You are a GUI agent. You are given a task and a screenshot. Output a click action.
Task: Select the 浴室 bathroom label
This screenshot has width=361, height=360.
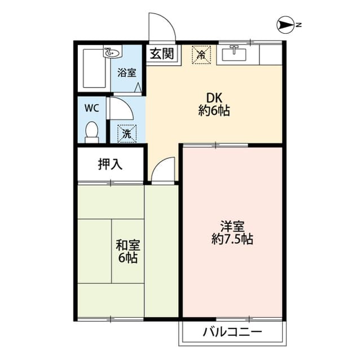(126, 73)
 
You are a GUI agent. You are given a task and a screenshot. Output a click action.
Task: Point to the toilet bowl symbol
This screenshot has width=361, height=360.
(91, 132)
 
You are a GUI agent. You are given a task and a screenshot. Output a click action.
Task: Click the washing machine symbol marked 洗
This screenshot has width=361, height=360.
(126, 134)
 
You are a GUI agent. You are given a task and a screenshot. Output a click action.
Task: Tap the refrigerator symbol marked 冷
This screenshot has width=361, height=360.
(201, 55)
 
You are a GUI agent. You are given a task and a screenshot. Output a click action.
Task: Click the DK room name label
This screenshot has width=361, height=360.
(214, 97)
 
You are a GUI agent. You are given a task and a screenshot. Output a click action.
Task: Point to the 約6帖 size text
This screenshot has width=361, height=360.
(214, 110)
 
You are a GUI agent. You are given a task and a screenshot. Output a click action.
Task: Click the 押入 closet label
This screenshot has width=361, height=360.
(111, 165)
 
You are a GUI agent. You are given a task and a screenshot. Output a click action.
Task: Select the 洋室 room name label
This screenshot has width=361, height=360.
(232, 226)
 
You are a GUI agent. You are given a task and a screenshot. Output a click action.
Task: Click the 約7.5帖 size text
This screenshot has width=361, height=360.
(232, 239)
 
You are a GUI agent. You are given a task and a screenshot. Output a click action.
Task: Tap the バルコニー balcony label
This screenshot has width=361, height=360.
(232, 332)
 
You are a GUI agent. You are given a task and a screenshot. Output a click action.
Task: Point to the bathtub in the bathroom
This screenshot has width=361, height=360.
(94, 69)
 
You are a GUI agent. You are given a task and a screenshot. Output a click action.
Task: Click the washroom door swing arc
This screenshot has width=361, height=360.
(120, 108)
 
